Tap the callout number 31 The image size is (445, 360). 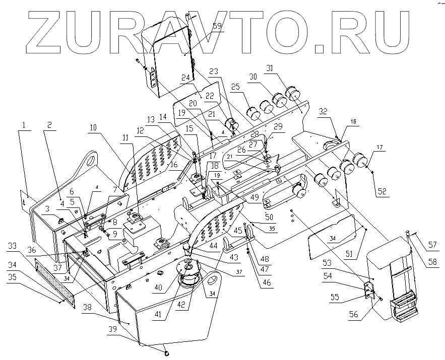tap(284, 69)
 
